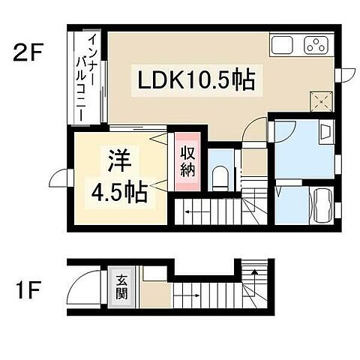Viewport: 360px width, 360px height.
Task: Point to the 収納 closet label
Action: pos(187,159)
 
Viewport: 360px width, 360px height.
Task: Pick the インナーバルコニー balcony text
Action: pos(87,75)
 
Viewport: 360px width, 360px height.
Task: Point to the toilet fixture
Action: pos(220,177)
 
